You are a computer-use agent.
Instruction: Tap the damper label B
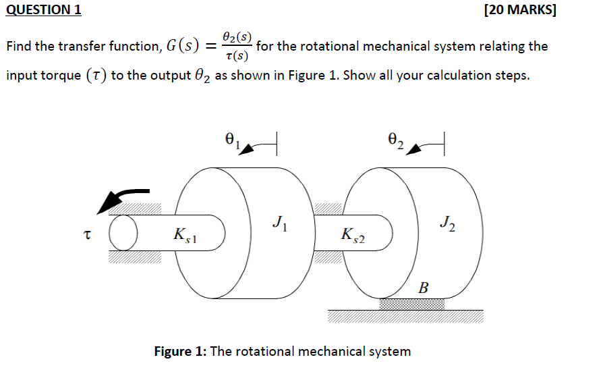(423, 288)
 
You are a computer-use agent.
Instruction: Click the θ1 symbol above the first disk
(231, 140)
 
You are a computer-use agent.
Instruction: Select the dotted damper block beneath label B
(411, 304)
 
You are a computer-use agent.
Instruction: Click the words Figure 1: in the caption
(181, 352)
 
